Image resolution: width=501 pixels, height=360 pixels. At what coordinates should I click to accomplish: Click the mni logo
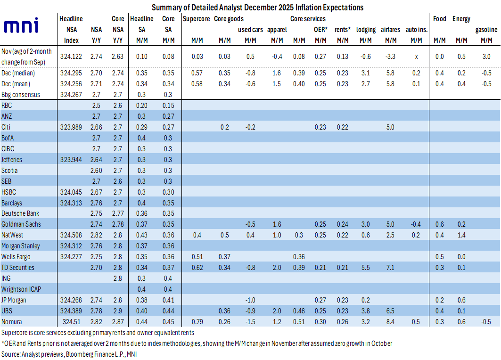[x=21, y=25]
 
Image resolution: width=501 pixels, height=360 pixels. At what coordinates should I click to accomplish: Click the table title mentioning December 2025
[x=257, y=8]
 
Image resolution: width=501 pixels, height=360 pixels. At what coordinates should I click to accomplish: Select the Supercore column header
[x=196, y=19]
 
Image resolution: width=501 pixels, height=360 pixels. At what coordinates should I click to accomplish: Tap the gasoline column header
[x=486, y=30]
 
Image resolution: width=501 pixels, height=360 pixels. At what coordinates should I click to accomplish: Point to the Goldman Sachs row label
[x=21, y=224]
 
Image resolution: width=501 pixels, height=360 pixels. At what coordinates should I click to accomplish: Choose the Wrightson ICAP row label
[x=21, y=289]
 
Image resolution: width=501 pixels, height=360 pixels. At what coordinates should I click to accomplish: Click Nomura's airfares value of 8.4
[x=390, y=322]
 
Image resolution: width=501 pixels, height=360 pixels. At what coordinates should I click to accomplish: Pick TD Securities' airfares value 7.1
[x=390, y=267]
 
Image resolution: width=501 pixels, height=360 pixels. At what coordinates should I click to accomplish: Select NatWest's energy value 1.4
[x=461, y=235]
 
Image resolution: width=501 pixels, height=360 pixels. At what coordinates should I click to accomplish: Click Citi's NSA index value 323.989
[x=71, y=127]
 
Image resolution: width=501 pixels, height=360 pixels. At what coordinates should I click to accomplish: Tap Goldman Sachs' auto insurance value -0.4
[x=416, y=224]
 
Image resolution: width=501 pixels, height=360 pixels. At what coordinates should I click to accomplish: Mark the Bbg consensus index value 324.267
[x=71, y=95]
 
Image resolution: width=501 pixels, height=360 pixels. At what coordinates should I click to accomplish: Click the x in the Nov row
[x=416, y=57]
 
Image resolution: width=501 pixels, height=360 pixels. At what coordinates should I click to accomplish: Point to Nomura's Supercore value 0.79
[x=197, y=322]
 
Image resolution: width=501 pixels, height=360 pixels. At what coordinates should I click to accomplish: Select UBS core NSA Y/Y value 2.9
[x=117, y=311]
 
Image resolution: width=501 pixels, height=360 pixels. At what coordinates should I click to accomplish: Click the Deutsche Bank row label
[x=20, y=213]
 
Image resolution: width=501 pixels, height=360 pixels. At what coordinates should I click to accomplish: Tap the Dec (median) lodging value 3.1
[x=366, y=73]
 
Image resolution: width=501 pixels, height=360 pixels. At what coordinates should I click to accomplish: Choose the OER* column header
[x=320, y=30]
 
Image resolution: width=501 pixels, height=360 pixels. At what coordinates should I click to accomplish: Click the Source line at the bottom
[x=69, y=354]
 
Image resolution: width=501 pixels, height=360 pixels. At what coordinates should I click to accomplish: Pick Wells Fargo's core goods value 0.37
[x=224, y=256]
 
